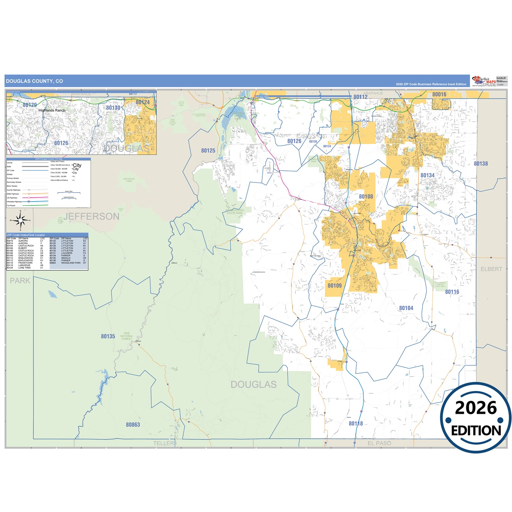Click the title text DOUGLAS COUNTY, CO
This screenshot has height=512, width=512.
coord(34,81)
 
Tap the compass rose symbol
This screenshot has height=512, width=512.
coord(21,220)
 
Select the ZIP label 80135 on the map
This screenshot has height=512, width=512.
coord(108,336)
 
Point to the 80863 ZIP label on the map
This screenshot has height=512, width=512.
coord(133,424)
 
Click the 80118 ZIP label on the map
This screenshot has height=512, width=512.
coord(355,423)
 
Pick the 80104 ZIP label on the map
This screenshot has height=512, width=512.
coord(406,308)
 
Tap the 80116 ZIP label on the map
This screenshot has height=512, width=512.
coord(452,292)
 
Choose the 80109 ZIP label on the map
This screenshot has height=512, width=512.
coord(334,286)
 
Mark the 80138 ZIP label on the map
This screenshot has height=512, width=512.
coord(480,164)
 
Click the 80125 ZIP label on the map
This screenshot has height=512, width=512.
coord(208,151)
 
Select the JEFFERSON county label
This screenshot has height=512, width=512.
coord(91,216)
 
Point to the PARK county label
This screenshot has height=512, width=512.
coord(20,281)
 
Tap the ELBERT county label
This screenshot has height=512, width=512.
coord(491,269)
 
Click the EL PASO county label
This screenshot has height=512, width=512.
coord(379,443)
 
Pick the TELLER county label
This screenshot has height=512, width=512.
coord(163,443)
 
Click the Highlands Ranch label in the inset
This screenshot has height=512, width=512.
coord(52,111)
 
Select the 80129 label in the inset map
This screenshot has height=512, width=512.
coord(30,105)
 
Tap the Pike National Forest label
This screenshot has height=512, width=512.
coord(126,336)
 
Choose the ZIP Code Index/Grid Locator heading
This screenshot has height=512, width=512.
coord(26,235)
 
